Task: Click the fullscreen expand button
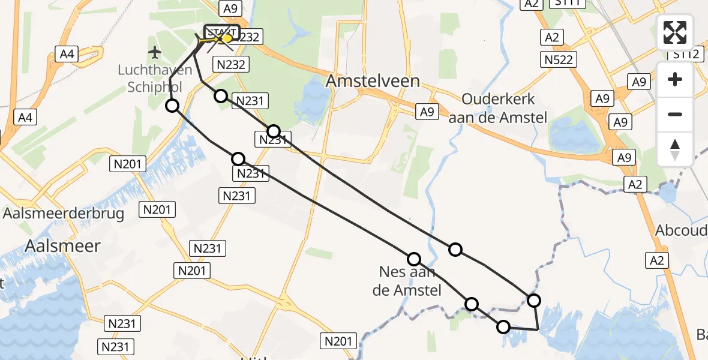coord(675,32)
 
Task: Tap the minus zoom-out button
coord(675,114)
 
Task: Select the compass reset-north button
coord(675,149)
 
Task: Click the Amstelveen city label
coord(373,81)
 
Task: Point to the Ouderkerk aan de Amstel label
coord(498,108)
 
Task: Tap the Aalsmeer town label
coord(63,245)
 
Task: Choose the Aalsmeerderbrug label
coord(64,213)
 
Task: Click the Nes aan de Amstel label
coord(410,281)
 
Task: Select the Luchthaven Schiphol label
coord(155,79)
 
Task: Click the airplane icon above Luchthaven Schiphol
coord(155,52)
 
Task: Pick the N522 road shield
coord(559,59)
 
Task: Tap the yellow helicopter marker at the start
coord(227,38)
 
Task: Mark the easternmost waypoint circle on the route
coord(533,300)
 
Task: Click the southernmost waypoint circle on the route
coord(503,327)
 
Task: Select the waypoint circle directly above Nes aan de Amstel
coord(414,259)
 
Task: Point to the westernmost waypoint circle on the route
coord(172,106)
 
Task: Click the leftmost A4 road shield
coord(25,118)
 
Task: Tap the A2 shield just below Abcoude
coord(657,260)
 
